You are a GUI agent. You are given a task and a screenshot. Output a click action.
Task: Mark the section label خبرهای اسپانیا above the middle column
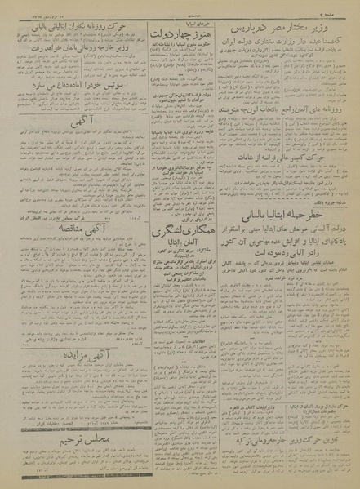(180, 20)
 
